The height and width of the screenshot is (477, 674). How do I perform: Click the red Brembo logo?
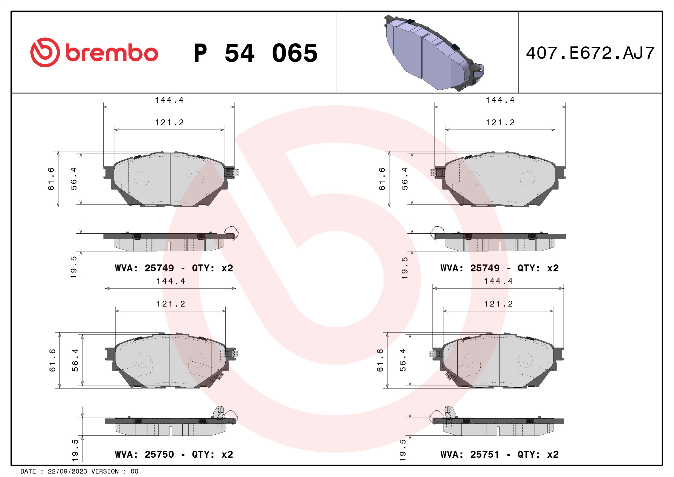(94, 52)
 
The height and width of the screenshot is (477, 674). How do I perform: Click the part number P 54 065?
(255, 53)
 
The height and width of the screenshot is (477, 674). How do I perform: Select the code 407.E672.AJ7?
(590, 53)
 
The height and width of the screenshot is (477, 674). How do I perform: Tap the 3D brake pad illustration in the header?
(434, 53)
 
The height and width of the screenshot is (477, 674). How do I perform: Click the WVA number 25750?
(159, 455)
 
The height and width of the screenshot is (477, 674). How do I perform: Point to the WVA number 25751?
(485, 455)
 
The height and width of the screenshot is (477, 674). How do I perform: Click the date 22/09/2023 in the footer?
(67, 471)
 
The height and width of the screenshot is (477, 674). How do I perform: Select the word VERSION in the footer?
(105, 471)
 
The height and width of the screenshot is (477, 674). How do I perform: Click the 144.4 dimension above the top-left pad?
(169, 100)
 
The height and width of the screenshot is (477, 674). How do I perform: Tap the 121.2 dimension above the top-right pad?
(500, 123)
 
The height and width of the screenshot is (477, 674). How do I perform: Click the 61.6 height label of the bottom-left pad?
(52, 360)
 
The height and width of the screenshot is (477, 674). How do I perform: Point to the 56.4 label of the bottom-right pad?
(403, 360)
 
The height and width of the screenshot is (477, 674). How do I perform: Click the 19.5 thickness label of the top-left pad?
(74, 267)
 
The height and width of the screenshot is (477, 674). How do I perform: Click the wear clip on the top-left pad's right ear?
(231, 172)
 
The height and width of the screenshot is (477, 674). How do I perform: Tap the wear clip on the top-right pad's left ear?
(438, 172)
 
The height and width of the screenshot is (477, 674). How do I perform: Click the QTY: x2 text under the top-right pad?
(538, 268)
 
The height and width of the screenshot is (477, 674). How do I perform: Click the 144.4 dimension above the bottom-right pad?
(498, 281)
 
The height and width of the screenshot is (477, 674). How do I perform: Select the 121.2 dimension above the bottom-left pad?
(171, 304)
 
